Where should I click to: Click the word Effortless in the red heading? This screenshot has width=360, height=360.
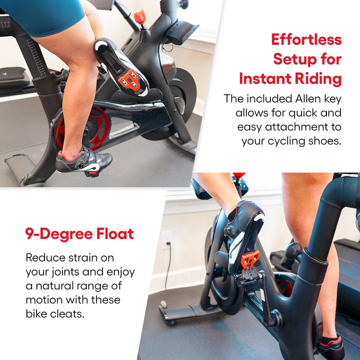coord(306,39)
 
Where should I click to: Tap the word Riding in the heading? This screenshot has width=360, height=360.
coord(318,79)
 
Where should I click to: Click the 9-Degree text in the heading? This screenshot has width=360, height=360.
coord(59,234)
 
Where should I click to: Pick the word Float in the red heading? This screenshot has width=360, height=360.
coord(115,233)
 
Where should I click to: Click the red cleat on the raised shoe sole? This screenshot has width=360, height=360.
coord(129,79)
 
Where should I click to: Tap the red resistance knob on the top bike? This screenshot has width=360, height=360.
coord(140,17)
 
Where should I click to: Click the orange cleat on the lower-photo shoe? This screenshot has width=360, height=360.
coord(250,259)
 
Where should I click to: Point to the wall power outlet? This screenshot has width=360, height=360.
coord(167,240)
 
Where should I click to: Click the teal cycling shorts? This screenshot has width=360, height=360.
coord(44,16)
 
